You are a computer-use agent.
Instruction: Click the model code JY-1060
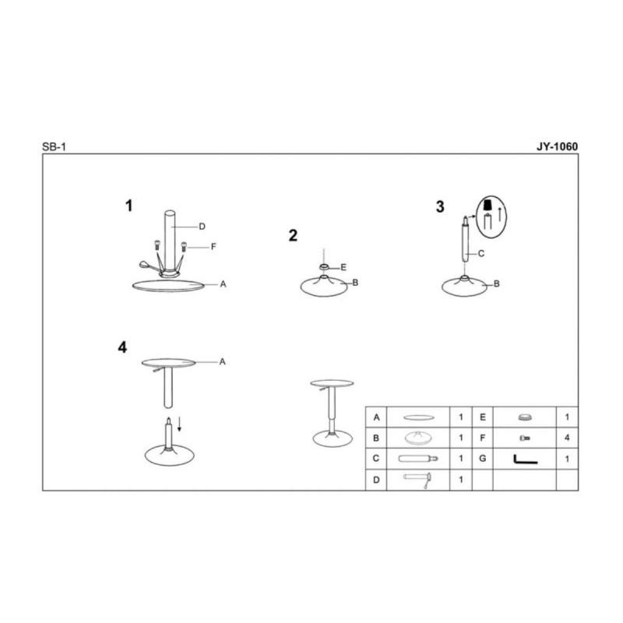click(557, 146)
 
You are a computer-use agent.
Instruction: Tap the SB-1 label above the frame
click(54, 147)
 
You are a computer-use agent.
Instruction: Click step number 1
click(128, 206)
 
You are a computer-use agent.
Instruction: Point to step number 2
click(293, 236)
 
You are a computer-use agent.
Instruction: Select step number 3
click(440, 206)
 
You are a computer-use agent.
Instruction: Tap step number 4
click(122, 347)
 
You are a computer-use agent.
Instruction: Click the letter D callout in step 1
click(202, 227)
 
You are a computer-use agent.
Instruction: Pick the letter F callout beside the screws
click(213, 247)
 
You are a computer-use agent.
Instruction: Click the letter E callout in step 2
click(343, 267)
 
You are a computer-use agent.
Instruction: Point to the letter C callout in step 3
click(481, 254)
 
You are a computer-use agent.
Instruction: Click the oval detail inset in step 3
click(491, 217)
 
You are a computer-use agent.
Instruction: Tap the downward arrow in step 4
click(180, 424)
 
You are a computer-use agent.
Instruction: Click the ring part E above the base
click(324, 266)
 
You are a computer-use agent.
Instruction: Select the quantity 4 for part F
click(567, 438)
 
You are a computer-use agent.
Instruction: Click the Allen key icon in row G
click(525, 459)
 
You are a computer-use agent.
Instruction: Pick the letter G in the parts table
click(482, 459)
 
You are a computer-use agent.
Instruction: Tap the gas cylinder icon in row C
click(418, 459)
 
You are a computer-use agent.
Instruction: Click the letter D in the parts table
click(376, 480)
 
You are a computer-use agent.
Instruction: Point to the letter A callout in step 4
click(222, 361)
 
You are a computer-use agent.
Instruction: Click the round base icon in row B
click(418, 438)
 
